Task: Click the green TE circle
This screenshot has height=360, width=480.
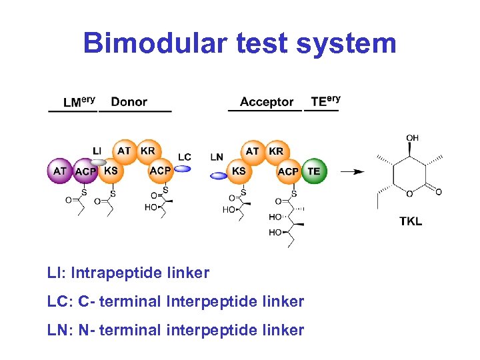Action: coord(313,171)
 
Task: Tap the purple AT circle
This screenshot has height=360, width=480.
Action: coord(60,171)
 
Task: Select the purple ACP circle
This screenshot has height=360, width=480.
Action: coord(85,171)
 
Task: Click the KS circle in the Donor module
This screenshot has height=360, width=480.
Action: coord(111,171)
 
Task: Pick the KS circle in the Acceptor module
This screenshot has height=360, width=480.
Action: coord(239,171)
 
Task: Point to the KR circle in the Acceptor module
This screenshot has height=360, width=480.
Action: coord(276,151)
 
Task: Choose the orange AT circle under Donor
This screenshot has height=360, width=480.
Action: coord(124,151)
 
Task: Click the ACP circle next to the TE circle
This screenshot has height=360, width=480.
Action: coord(288,171)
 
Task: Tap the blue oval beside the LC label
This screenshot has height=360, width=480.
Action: coord(182,169)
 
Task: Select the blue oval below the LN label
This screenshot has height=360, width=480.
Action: coord(218,176)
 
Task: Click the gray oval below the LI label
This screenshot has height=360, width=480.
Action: coord(99,161)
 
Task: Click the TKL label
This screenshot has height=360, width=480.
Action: coord(411,221)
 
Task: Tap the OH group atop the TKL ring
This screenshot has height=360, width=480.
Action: coord(412,138)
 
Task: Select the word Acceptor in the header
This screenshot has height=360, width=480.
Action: coord(267,102)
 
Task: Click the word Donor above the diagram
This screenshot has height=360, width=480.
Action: coord(129,102)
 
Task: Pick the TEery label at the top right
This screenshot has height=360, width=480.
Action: coord(325,101)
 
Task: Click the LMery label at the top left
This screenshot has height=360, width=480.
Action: coord(79,101)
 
